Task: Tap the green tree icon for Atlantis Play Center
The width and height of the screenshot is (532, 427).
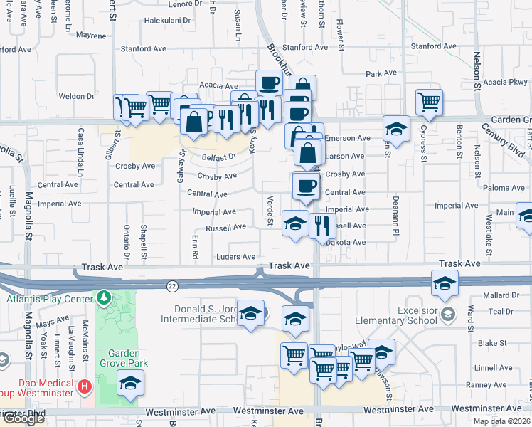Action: coord(104,296)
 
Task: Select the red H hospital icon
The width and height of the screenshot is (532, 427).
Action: coord(85,387)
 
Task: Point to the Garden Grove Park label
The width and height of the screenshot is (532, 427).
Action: coord(129,359)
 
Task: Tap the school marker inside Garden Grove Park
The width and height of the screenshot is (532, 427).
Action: coord(130,384)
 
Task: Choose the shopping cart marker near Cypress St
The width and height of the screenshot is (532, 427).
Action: coord(429,101)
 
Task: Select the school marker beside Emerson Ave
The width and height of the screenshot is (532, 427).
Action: coord(397,129)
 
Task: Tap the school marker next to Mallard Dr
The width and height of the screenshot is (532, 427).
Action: coord(445,284)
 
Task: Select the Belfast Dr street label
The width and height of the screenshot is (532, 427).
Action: coord(218,157)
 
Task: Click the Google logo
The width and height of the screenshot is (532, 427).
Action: coord(23,418)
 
